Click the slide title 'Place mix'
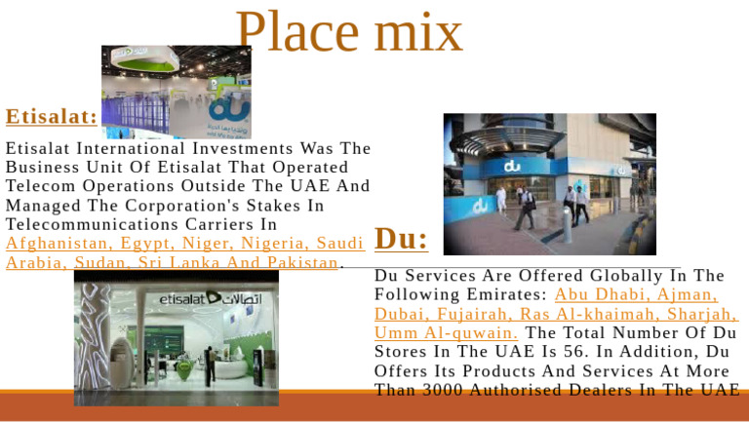(x=348, y=32)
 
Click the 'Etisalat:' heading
(x=51, y=117)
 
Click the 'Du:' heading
(x=401, y=239)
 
